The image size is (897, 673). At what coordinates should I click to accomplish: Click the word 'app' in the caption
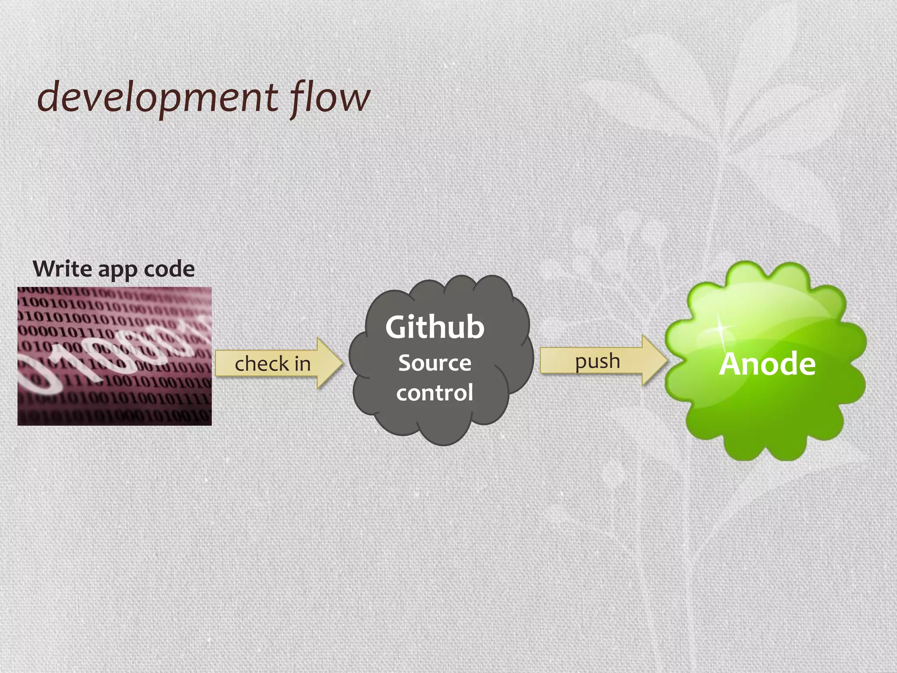click(x=117, y=270)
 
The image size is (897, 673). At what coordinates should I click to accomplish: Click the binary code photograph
click(x=114, y=356)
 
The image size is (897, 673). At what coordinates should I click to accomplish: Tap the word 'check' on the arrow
click(x=261, y=364)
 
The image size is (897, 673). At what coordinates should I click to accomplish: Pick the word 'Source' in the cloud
click(x=434, y=363)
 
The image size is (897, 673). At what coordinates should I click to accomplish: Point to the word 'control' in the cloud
click(x=434, y=392)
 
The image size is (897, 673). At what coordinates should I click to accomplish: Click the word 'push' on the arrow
click(x=597, y=362)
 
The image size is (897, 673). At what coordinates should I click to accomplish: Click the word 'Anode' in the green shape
click(x=767, y=364)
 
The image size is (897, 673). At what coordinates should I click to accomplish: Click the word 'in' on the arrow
click(x=302, y=364)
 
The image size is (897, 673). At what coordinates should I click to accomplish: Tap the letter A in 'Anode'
click(x=732, y=364)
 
